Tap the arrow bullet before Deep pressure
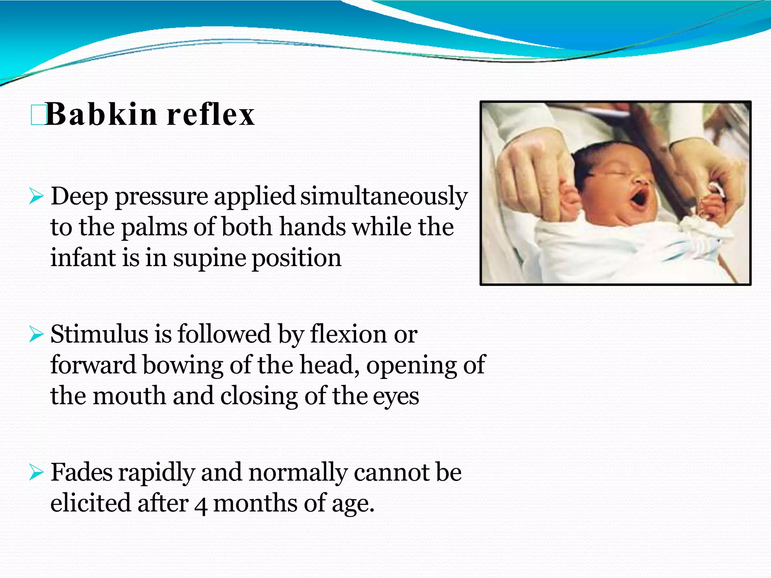[37, 197]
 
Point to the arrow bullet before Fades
[37, 473]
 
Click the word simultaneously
[384, 197]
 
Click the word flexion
[348, 334]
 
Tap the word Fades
[82, 472]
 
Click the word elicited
[91, 503]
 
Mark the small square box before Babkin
[38, 115]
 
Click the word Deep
[79, 197]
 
